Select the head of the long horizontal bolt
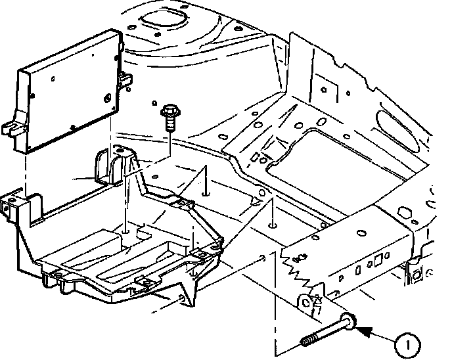coord(349,321)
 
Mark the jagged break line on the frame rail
coord(296,266)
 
